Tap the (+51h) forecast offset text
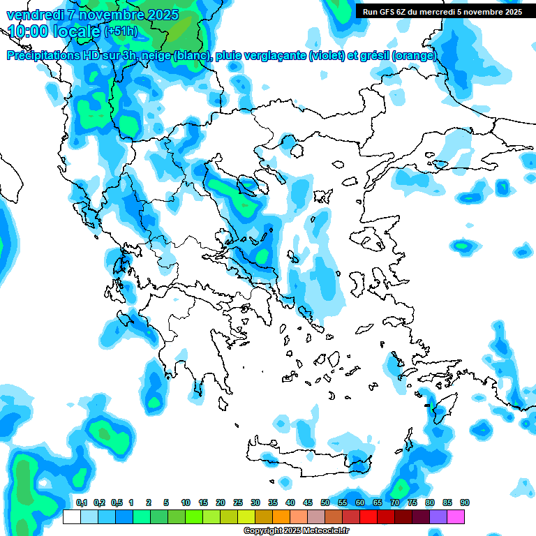(x=121, y=31)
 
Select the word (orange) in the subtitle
(x=415, y=56)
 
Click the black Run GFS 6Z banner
(x=442, y=11)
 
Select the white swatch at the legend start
(x=71, y=516)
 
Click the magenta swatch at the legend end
(x=456, y=516)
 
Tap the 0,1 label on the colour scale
(x=82, y=502)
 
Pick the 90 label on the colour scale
(x=465, y=502)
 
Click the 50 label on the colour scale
(x=325, y=502)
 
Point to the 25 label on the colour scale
(x=238, y=502)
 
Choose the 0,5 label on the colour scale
(x=117, y=502)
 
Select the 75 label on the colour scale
(x=412, y=502)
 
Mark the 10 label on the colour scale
(x=186, y=502)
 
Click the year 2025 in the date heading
(x=157, y=15)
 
